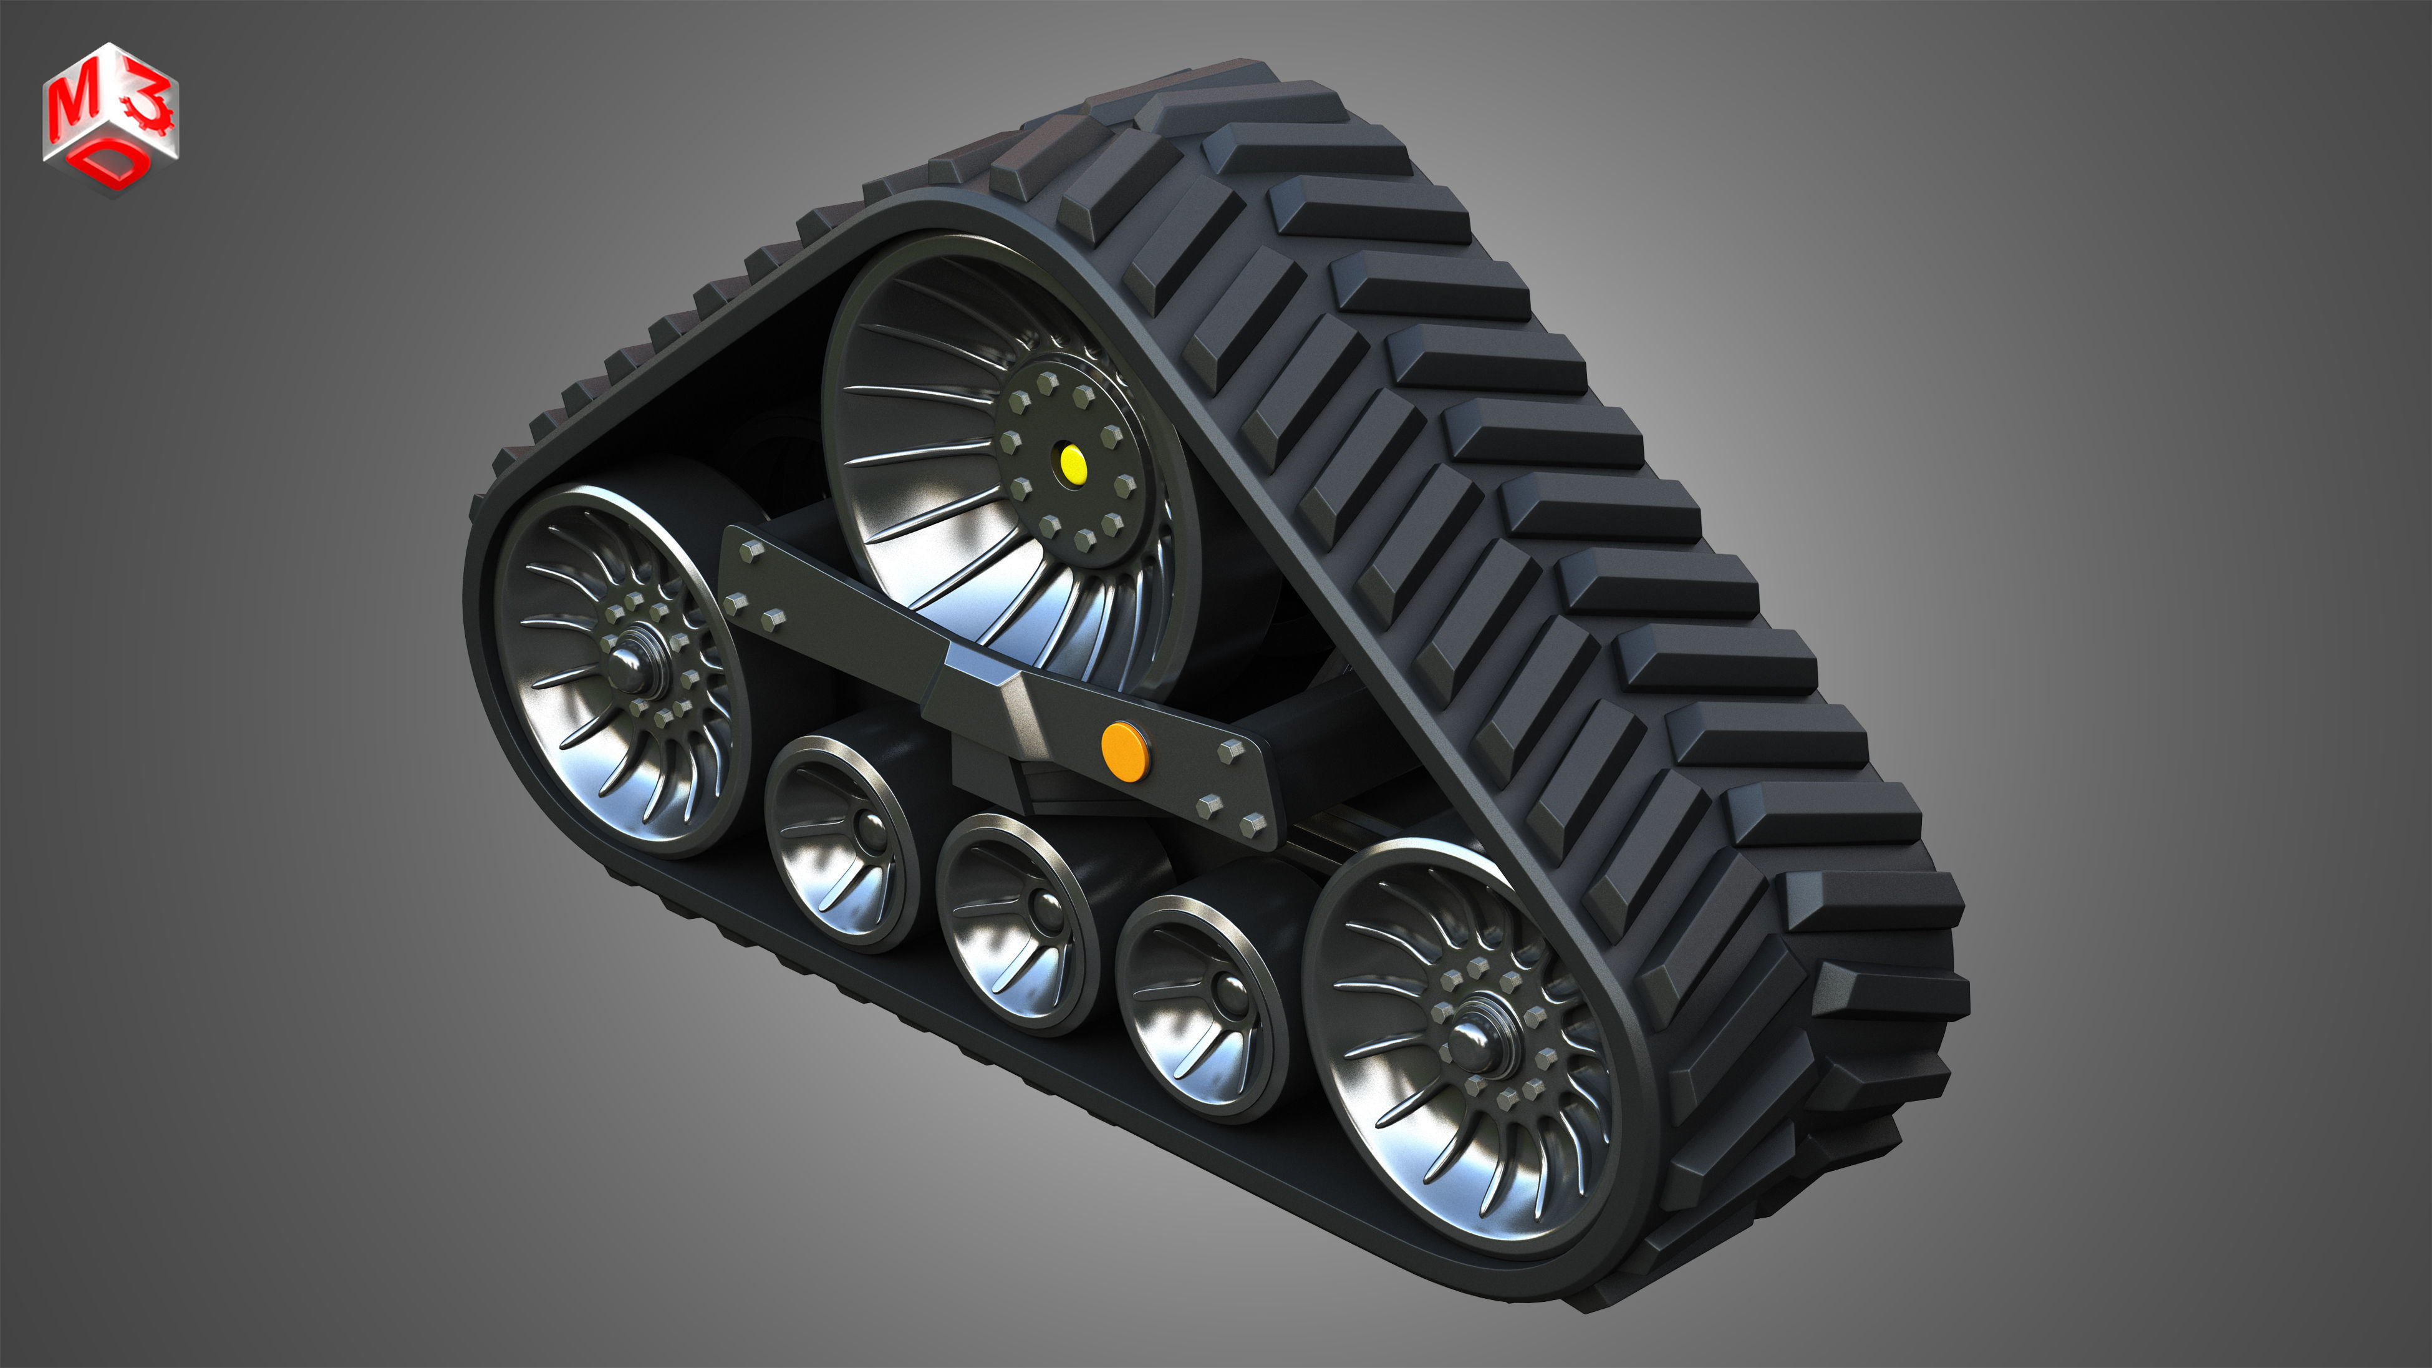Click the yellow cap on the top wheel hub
(x=1073, y=463)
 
